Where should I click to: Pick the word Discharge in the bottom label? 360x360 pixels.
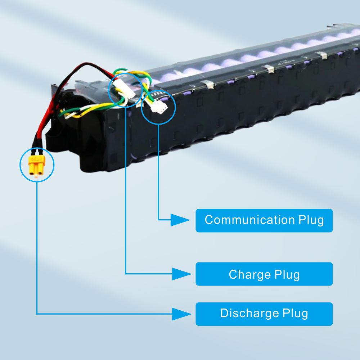[249, 313]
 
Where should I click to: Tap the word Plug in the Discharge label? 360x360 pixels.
[295, 313]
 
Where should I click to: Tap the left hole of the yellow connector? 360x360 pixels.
[33, 173]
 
